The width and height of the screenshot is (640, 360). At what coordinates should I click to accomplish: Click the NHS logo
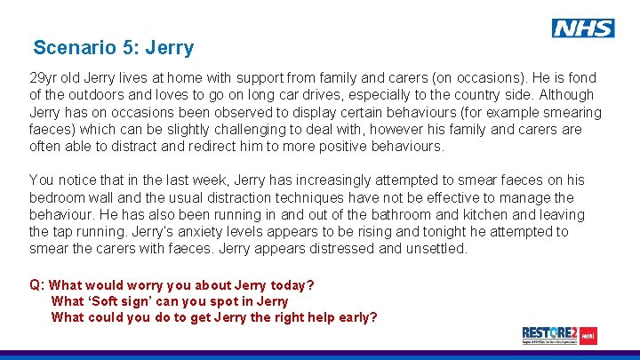[583, 28]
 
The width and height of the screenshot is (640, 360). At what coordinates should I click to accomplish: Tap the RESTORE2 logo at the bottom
[559, 335]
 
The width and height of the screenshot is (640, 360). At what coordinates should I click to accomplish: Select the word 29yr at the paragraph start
[44, 78]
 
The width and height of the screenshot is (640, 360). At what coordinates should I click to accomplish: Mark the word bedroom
[58, 197]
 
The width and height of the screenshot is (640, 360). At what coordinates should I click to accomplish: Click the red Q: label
[37, 285]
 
